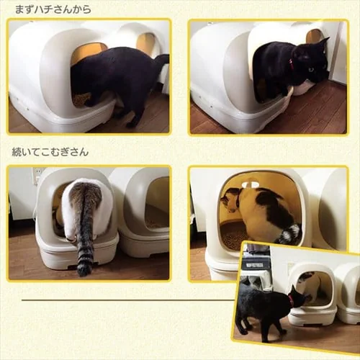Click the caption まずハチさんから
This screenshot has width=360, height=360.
click(x=53, y=9)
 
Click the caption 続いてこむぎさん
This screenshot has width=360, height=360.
click(x=50, y=152)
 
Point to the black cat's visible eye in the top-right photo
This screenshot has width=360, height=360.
click(x=311, y=69)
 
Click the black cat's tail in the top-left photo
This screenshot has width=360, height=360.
click(x=162, y=60)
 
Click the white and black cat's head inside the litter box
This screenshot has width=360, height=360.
click(x=230, y=200)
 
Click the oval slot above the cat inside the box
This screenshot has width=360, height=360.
click(x=249, y=184)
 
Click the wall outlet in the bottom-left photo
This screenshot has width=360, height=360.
click(x=37, y=174)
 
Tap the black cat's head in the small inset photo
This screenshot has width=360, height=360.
click(x=297, y=297)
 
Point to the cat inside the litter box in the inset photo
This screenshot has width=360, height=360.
click(x=312, y=286)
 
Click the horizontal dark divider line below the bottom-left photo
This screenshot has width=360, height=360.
click(x=128, y=300)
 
